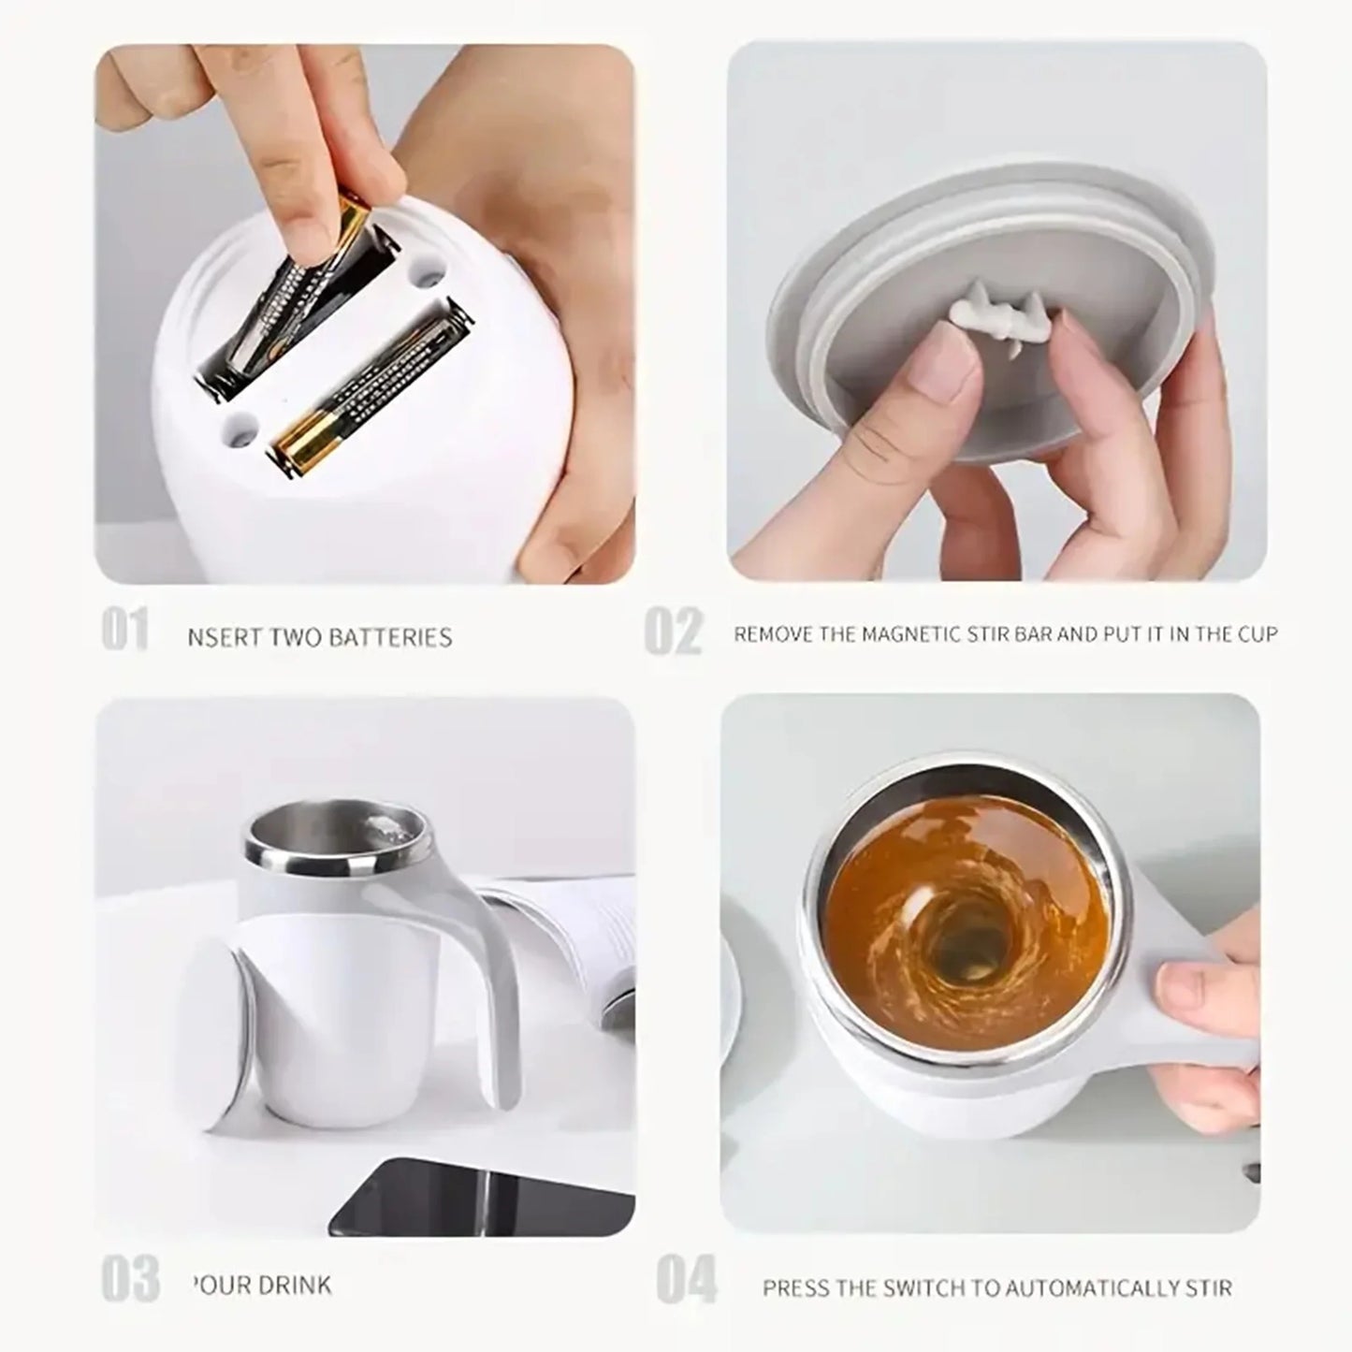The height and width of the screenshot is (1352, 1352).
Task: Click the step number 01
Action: tap(124, 631)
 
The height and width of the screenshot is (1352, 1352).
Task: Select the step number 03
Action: tap(129, 1279)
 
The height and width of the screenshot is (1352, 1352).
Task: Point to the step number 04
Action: tap(687, 1279)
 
